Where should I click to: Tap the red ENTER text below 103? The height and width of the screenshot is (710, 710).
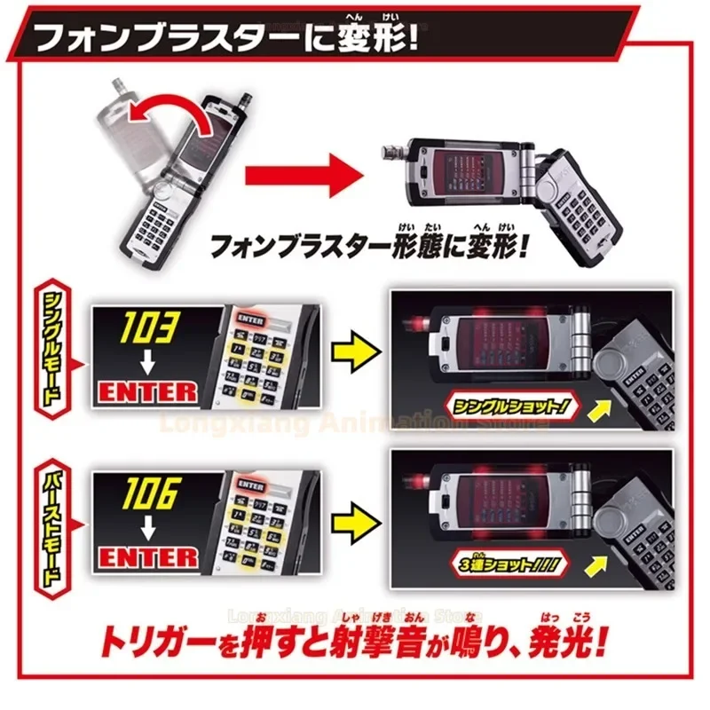coord(148,391)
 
